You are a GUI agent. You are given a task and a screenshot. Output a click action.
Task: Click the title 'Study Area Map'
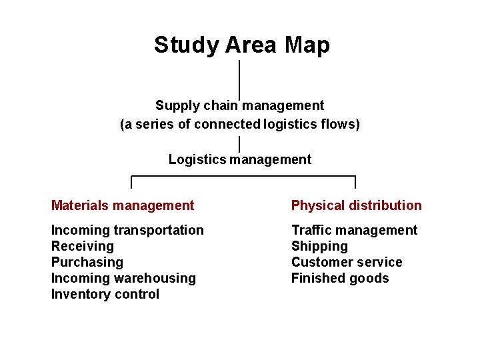coord(241,45)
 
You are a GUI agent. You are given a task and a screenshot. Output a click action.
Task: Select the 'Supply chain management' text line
coord(240,105)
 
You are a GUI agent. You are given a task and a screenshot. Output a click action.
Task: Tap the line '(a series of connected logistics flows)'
coord(240,124)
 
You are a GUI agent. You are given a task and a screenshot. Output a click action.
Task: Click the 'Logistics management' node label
coord(240,159)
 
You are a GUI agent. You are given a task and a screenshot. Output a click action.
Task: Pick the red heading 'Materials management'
coord(123,205)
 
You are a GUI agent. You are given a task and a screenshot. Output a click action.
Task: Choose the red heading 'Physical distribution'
coord(357,205)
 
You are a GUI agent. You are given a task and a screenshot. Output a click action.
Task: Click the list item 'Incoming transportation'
coord(127,230)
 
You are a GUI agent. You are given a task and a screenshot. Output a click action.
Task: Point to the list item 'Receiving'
coord(83,246)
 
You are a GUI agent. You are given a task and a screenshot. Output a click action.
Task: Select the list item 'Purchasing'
coord(87,262)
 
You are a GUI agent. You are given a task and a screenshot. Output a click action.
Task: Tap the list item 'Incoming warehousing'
coord(123,278)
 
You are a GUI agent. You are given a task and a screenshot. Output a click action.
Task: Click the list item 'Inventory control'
coord(105,294)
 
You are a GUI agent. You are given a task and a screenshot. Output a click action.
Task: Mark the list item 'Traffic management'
coord(354,230)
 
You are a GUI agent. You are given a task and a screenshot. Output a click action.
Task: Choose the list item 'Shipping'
coord(319,246)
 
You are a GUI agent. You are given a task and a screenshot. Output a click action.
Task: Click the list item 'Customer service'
coord(347,262)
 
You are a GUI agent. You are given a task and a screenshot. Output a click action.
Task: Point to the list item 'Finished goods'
coord(340,278)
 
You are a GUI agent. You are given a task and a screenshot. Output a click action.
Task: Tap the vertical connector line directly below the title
coord(239,77)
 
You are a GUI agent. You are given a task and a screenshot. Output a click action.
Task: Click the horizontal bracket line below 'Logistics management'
coord(243,177)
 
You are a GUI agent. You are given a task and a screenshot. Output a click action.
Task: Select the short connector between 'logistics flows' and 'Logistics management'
coord(239,143)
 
